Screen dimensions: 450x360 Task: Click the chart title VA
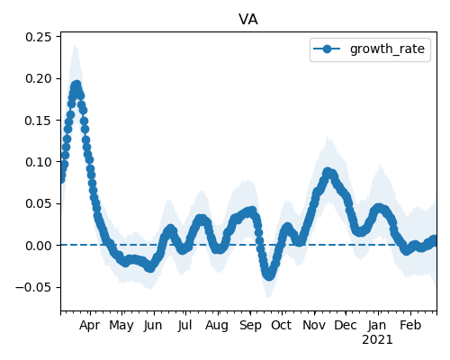point(248,20)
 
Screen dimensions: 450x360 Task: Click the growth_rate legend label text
point(387,49)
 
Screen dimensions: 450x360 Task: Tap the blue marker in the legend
point(327,49)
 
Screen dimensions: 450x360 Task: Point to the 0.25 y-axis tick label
point(39,37)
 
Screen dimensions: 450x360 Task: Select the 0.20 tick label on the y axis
point(39,78)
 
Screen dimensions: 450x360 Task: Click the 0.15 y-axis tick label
point(39,121)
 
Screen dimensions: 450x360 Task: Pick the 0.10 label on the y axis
point(39,162)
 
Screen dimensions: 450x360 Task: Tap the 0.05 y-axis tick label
point(39,203)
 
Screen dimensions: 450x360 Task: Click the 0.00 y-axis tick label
point(39,246)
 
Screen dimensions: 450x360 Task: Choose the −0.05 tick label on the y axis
point(33,287)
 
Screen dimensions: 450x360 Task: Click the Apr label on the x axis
point(89,326)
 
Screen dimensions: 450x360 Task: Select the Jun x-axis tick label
point(153,326)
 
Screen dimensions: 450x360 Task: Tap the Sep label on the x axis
point(250,326)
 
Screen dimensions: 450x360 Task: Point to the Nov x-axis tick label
point(314,325)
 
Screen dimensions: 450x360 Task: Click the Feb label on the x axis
point(410,325)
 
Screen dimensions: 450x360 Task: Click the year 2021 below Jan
point(377,340)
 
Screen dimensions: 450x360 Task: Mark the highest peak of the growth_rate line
point(76,85)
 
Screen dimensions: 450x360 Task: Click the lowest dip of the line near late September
point(269,275)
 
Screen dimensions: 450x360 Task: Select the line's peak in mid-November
point(328,173)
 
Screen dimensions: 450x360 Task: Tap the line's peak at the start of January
point(379,208)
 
